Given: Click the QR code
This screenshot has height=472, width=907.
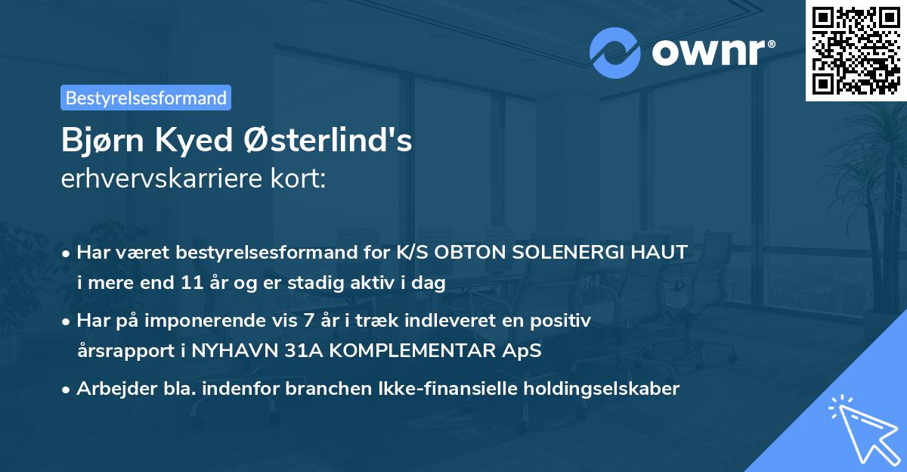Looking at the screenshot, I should click(855, 50).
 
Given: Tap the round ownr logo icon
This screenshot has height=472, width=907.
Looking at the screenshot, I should click(615, 52).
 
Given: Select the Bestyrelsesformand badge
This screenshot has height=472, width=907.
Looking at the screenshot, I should click(146, 98).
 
